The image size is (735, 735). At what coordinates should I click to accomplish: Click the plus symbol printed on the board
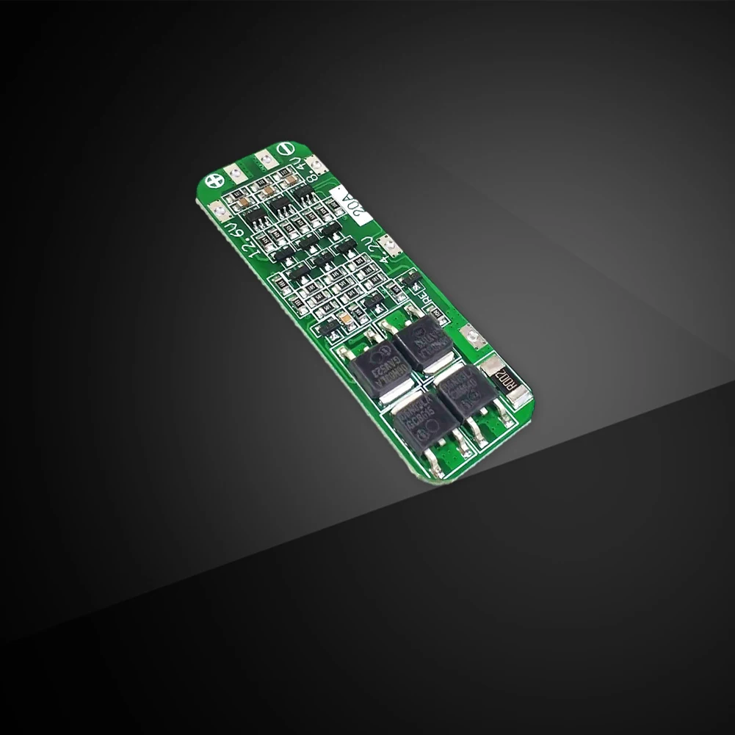coord(214,180)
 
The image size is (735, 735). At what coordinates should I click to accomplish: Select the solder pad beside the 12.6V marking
coord(218,212)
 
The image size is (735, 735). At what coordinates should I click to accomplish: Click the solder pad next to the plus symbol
coord(236,173)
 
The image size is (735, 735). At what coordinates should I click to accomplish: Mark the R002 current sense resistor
coord(506,380)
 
